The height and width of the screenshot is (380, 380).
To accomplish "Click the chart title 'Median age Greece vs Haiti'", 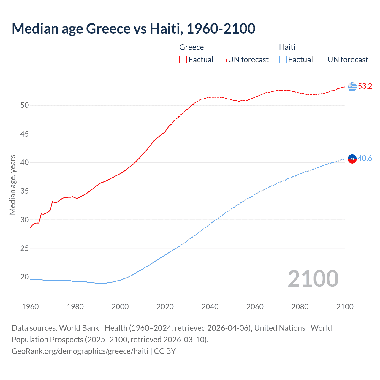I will click(133, 28).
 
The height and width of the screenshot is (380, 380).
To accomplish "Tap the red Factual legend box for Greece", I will click(183, 59).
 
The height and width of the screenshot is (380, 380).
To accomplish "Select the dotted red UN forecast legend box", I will click(223, 59).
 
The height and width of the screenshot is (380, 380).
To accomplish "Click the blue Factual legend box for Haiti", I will click(283, 59).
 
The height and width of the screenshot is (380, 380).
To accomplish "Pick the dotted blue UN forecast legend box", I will click(322, 59).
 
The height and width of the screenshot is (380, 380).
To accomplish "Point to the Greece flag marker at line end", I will click(352, 86).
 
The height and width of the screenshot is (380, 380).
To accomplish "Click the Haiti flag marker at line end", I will click(352, 159).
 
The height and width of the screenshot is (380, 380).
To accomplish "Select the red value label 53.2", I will click(365, 86).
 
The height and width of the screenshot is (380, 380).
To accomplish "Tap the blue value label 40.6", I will click(365, 159).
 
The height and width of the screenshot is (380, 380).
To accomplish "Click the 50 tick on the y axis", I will click(25, 105).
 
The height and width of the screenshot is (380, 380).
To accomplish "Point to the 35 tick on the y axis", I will click(25, 191).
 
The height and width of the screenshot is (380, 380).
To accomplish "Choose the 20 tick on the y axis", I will click(25, 277).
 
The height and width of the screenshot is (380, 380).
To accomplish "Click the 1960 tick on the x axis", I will click(30, 307).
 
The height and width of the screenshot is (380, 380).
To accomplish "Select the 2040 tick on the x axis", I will click(210, 307).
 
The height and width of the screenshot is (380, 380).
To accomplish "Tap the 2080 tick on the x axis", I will click(300, 307).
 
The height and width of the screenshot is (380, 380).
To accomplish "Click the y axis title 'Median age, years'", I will click(12, 185).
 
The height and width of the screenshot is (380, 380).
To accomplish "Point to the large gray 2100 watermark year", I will click(313, 279).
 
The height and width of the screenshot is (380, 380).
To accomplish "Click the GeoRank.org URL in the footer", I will click(80, 351).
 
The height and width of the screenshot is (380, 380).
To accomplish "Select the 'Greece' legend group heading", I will click(191, 47).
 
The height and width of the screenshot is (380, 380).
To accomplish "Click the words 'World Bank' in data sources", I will click(79, 328).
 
